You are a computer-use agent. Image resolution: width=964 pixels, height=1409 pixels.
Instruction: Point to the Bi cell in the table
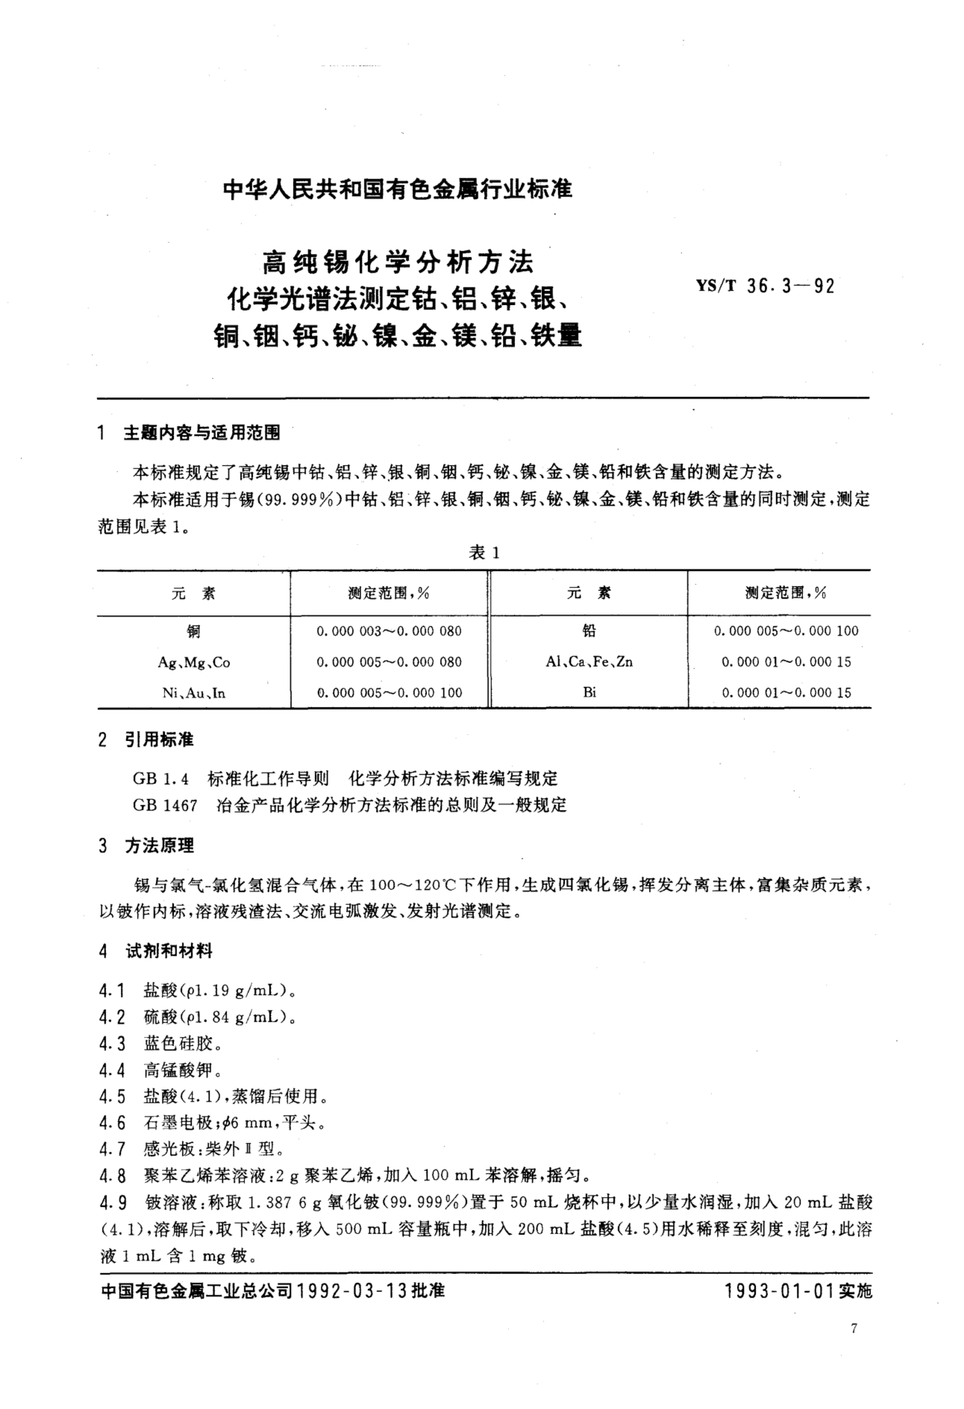[589, 692]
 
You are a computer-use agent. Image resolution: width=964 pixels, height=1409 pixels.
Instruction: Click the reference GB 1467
[165, 805]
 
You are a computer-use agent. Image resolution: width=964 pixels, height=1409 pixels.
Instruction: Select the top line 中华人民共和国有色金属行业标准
[398, 190]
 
